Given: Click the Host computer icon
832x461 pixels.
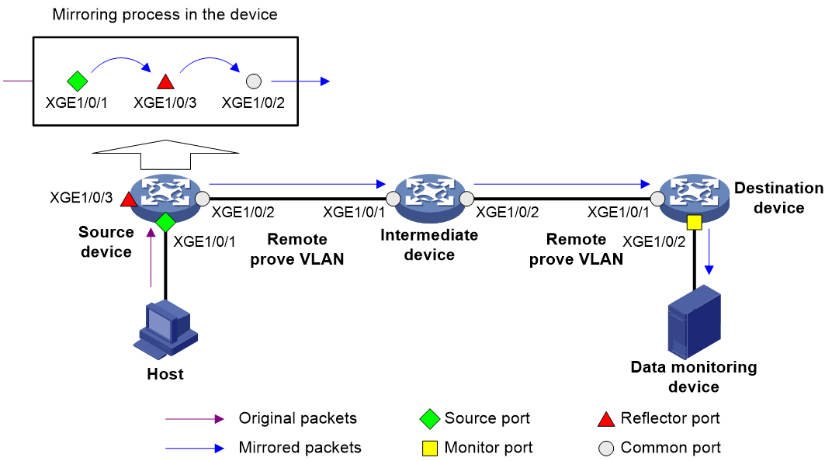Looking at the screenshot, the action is click(x=165, y=330).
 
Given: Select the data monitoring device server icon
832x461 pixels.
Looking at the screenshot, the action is click(x=694, y=322).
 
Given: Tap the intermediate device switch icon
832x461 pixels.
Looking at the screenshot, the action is click(x=430, y=198).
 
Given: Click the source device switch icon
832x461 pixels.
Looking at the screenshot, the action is click(x=165, y=198).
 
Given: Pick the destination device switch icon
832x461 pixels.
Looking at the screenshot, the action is click(x=694, y=198).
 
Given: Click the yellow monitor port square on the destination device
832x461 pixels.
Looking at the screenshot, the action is click(x=694, y=222).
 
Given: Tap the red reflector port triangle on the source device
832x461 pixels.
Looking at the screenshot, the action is click(x=128, y=199).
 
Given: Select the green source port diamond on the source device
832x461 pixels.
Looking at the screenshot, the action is click(x=165, y=222).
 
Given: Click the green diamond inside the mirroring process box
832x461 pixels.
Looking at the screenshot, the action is click(x=78, y=81).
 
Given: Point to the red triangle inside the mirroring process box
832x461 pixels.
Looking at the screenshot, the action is click(x=165, y=81).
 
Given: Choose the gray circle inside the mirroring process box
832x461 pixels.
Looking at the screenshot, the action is click(x=254, y=81).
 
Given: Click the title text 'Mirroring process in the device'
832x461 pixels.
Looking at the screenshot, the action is click(x=165, y=14).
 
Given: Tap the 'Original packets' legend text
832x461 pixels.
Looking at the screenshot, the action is click(x=298, y=418).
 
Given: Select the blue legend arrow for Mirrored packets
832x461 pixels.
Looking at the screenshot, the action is click(x=195, y=449).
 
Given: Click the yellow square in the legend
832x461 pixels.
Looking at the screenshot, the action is click(x=430, y=449).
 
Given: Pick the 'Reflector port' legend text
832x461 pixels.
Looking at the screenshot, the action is click(x=670, y=418).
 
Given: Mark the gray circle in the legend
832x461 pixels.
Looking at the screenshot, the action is click(x=606, y=449).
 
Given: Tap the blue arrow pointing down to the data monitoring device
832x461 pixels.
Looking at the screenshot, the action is click(x=709, y=251).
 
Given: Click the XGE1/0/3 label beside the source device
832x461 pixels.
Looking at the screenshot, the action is click(x=81, y=198).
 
